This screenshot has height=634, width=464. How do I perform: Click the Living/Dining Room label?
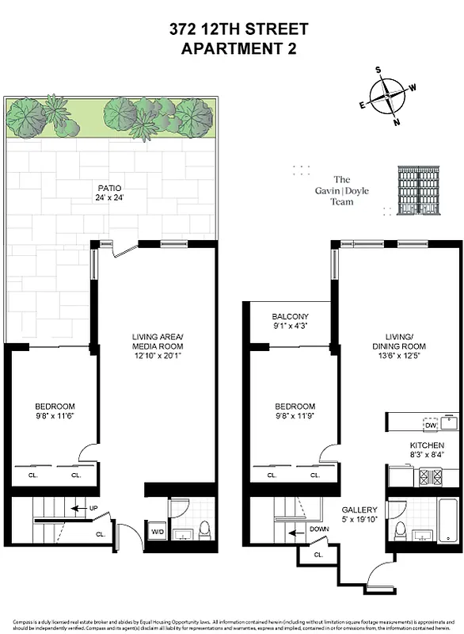(401, 342)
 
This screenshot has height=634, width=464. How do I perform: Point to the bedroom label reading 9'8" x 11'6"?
(55, 411)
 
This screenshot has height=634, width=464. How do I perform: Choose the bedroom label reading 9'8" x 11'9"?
(295, 411)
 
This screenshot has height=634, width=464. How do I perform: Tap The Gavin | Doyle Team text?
(342, 190)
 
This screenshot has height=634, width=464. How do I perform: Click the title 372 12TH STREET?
(238, 30)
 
